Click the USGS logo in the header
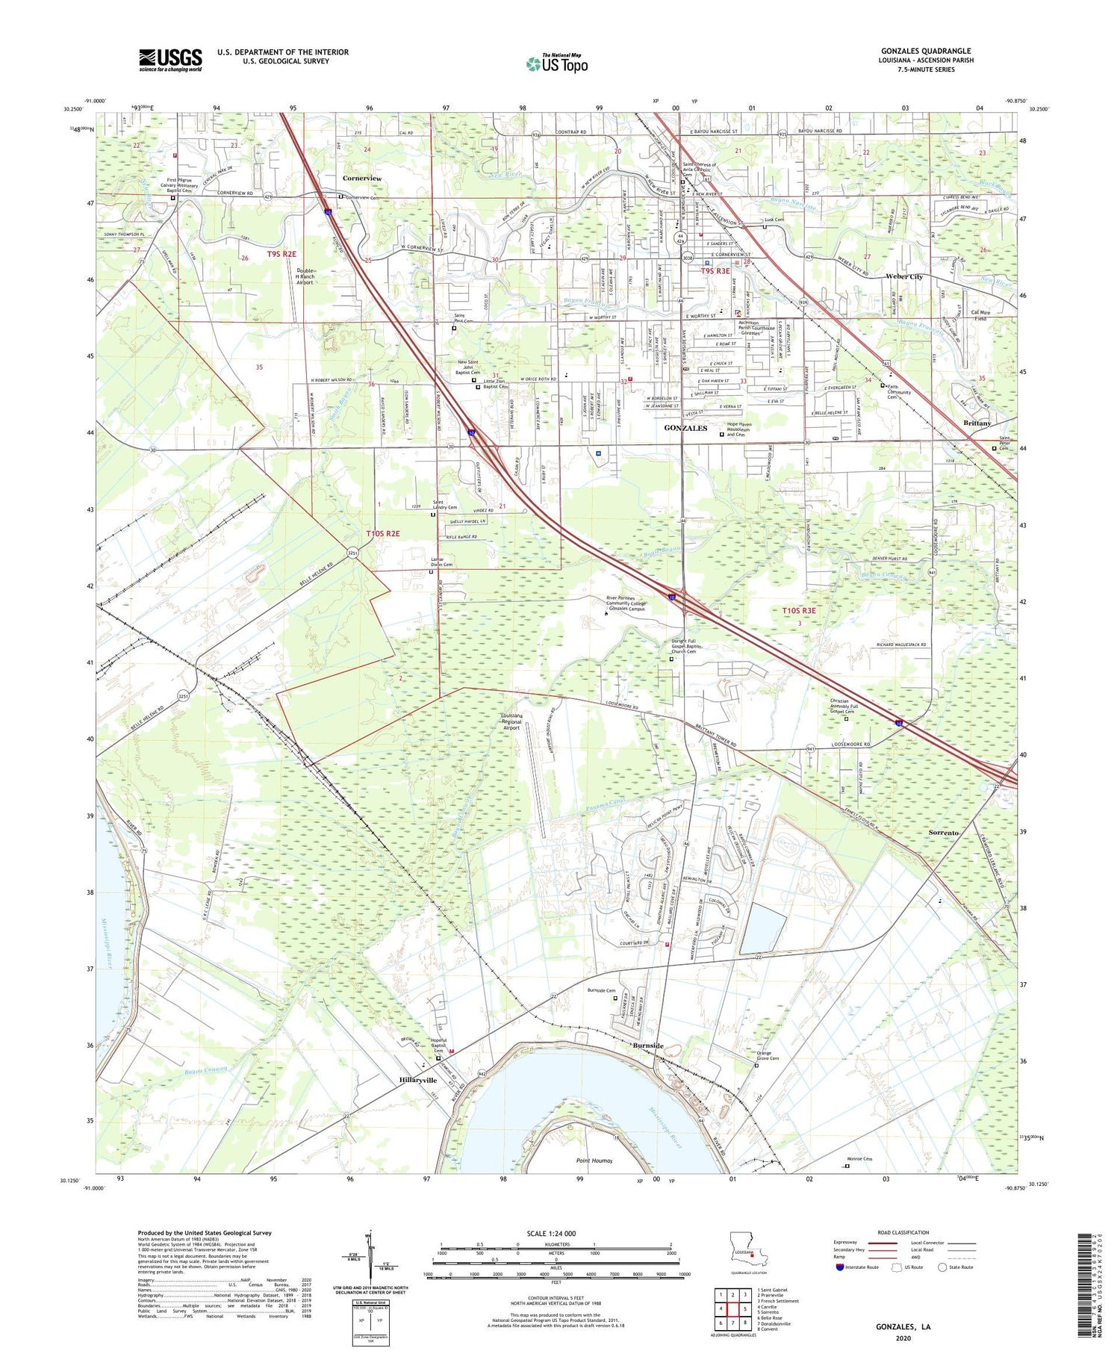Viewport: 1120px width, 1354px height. click(170, 60)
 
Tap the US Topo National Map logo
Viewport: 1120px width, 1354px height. click(556, 63)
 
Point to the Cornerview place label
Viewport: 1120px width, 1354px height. click(362, 178)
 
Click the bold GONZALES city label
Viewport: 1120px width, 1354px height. click(685, 428)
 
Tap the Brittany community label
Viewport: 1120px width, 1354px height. click(977, 423)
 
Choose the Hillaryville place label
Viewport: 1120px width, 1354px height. click(417, 1080)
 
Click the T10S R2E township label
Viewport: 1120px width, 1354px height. click(383, 533)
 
